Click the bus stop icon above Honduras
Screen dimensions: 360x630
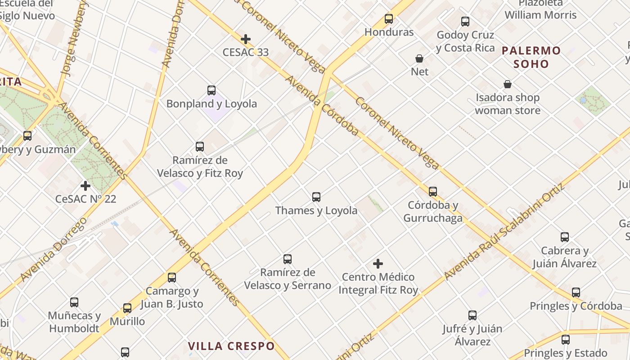click(x=389, y=19)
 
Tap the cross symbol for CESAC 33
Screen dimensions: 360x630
click(x=246, y=39)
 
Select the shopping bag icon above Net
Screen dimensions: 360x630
click(x=419, y=58)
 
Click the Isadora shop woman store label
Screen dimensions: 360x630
click(x=508, y=104)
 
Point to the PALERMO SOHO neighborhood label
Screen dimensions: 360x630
click(x=531, y=57)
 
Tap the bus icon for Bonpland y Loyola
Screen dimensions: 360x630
click(x=211, y=90)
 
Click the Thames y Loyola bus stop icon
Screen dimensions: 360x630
click(x=316, y=197)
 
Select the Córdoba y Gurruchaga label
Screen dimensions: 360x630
click(x=432, y=211)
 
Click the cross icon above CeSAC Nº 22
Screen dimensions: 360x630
click(x=85, y=185)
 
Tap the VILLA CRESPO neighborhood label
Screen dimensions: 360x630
click(x=231, y=346)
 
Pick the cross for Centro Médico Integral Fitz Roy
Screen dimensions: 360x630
click(x=378, y=263)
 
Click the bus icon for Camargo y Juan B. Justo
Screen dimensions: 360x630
click(x=172, y=278)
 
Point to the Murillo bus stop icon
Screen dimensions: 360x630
click(x=127, y=308)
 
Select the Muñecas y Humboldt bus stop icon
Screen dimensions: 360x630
click(x=74, y=302)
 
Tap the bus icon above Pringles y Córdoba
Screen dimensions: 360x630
click(x=576, y=292)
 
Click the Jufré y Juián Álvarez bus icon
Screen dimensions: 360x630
click(x=472, y=315)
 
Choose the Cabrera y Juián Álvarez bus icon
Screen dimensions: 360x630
click(x=565, y=237)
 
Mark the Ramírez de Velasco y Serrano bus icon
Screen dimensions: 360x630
click(x=288, y=259)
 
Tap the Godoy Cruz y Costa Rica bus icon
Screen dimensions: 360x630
click(x=465, y=22)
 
